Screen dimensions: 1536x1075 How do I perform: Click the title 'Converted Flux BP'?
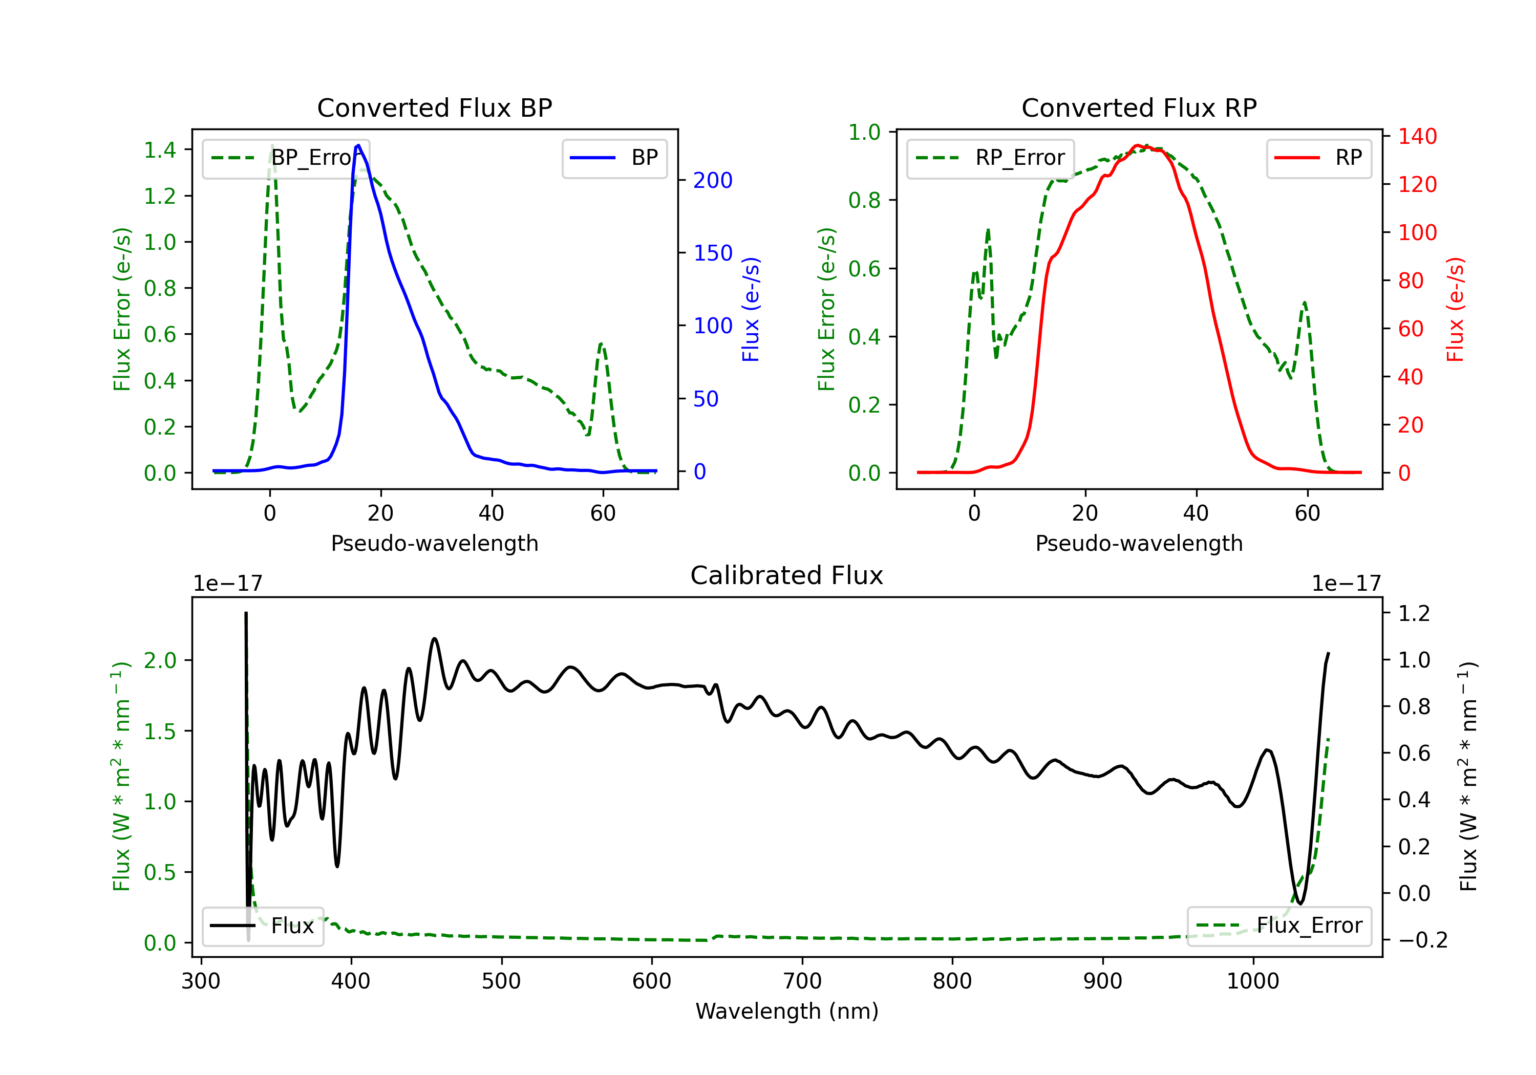pyautogui.click(x=434, y=107)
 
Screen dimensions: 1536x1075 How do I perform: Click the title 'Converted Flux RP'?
pyautogui.click(x=1139, y=107)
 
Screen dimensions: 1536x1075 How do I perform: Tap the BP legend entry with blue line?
pyautogui.click(x=614, y=158)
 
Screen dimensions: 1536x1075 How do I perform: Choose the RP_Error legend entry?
pyautogui.click(x=990, y=158)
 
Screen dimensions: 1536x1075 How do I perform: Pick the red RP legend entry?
pyautogui.click(x=1318, y=158)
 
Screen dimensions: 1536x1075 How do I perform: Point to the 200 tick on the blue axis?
pyautogui.click(x=713, y=180)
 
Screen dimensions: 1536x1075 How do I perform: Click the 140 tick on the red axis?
pyautogui.click(x=1417, y=137)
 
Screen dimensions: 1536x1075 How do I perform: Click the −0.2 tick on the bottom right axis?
pyautogui.click(x=1422, y=940)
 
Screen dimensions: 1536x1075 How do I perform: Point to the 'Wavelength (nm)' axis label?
pyautogui.click(x=787, y=1011)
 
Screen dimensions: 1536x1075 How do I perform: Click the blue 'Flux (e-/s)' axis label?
pyautogui.click(x=751, y=309)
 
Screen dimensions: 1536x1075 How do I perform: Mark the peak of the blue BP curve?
pyautogui.click(x=358, y=145)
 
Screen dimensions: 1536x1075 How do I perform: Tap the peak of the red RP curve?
pyautogui.click(x=1137, y=145)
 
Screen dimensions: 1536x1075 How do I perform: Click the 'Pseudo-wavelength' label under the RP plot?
pyautogui.click(x=1139, y=543)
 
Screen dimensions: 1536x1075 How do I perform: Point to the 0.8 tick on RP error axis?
pyautogui.click(x=864, y=200)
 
